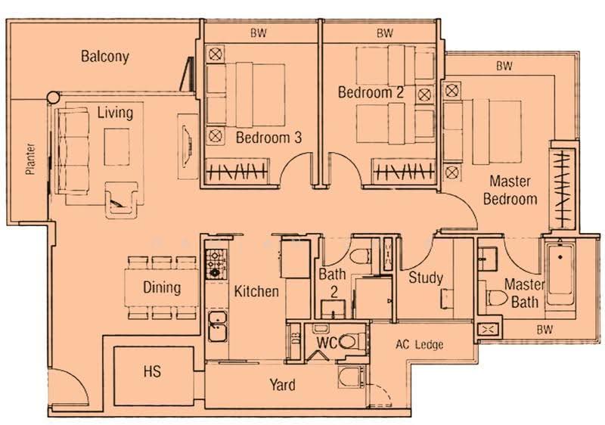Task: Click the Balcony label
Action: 105,57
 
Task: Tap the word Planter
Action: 30,159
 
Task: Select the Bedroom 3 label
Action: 268,138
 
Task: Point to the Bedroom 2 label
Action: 371,92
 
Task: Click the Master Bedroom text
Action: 510,190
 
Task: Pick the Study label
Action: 426,278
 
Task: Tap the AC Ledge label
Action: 420,344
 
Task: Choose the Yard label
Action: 282,385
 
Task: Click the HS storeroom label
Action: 152,372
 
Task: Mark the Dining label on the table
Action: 162,287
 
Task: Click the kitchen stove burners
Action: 216,264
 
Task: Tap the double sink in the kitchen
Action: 217,326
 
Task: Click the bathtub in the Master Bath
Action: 560,273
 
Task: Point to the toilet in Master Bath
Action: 496,298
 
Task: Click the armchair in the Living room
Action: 121,200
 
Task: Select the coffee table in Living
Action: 116,147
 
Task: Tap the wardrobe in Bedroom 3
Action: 237,170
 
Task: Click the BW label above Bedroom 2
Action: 385,33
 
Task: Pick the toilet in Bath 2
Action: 361,256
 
